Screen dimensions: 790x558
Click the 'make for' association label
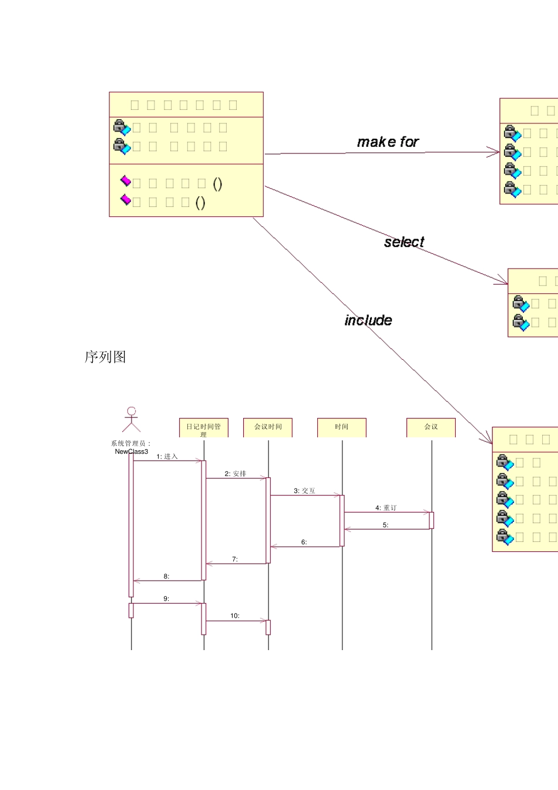[388, 142]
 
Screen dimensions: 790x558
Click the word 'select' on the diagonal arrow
[404, 242]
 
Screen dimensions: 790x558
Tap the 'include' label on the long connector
[368, 320]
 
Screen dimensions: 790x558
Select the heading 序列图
[105, 357]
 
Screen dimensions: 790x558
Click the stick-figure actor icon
[132, 420]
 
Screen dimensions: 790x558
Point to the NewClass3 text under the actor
[132, 451]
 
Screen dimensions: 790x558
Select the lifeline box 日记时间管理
[203, 428]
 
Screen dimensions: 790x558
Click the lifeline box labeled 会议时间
[268, 427]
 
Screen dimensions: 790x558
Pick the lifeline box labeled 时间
[341, 427]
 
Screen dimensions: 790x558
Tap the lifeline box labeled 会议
[431, 427]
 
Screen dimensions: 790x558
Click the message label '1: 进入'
[167, 457]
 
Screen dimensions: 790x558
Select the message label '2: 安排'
[235, 474]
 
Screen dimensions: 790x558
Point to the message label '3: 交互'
[304, 491]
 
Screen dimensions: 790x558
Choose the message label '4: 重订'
[386, 508]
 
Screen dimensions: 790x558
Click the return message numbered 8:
[166, 577]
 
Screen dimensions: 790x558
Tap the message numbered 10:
[235, 616]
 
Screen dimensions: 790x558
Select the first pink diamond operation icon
[126, 181]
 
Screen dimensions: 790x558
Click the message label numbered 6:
[304, 543]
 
